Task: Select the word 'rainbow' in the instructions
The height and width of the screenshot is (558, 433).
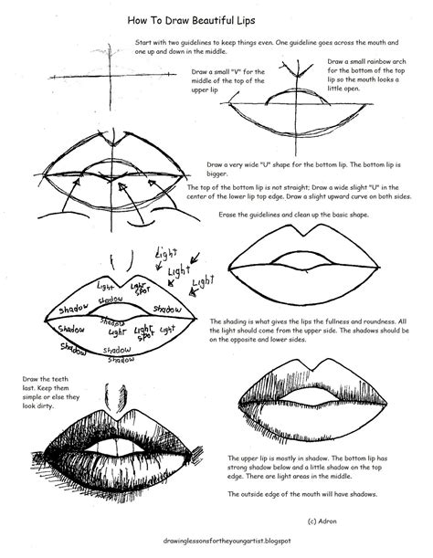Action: [384, 70]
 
